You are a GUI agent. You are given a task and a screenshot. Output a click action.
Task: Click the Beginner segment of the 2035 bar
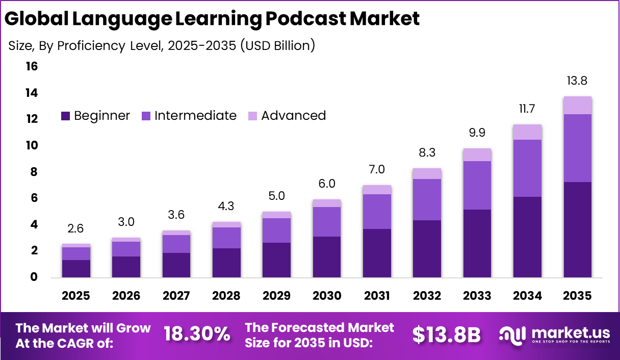pyautogui.click(x=577, y=229)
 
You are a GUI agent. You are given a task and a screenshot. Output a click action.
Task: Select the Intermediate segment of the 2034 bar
pyautogui.click(x=527, y=168)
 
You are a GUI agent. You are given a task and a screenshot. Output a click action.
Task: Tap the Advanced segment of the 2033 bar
pyautogui.click(x=477, y=155)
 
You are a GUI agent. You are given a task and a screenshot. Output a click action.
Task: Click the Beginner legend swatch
pyautogui.click(x=65, y=116)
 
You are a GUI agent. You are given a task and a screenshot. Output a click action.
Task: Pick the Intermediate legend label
pyautogui.click(x=195, y=116)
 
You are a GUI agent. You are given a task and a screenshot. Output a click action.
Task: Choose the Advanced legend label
pyautogui.click(x=293, y=116)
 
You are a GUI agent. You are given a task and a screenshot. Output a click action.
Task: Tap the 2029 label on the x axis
pyautogui.click(x=276, y=296)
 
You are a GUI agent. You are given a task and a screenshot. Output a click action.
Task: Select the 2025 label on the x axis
pyautogui.click(x=76, y=296)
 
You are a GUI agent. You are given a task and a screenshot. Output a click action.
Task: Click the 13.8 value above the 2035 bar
pyautogui.click(x=577, y=81)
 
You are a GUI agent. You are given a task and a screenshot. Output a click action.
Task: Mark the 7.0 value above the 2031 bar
pyautogui.click(x=377, y=169)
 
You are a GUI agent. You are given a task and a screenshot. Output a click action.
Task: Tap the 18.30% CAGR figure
pyautogui.click(x=196, y=335)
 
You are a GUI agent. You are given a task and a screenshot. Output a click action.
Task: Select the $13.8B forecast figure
pyautogui.click(x=446, y=335)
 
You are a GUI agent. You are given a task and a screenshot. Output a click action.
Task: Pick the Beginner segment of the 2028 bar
pyautogui.click(x=226, y=263)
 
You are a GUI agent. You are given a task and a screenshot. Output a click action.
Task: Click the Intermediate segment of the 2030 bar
pyautogui.click(x=326, y=222)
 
